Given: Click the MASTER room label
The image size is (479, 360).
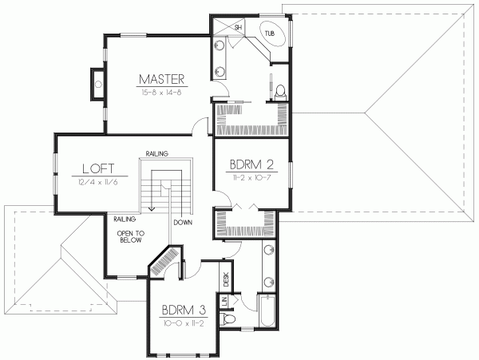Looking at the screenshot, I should tap(162, 79).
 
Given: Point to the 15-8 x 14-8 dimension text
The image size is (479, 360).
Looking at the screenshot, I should tap(162, 93).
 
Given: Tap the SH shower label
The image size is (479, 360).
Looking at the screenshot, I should tap(238, 28).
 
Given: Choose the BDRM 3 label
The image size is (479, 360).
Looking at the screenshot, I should tap(181, 310).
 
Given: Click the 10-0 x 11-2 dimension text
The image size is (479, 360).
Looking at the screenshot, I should tap(181, 323).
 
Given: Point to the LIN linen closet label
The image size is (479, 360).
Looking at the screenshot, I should tap(226, 301).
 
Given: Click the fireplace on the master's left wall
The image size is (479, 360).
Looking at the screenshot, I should tap(97, 82).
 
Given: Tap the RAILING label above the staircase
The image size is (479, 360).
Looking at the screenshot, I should tap(156, 153).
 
